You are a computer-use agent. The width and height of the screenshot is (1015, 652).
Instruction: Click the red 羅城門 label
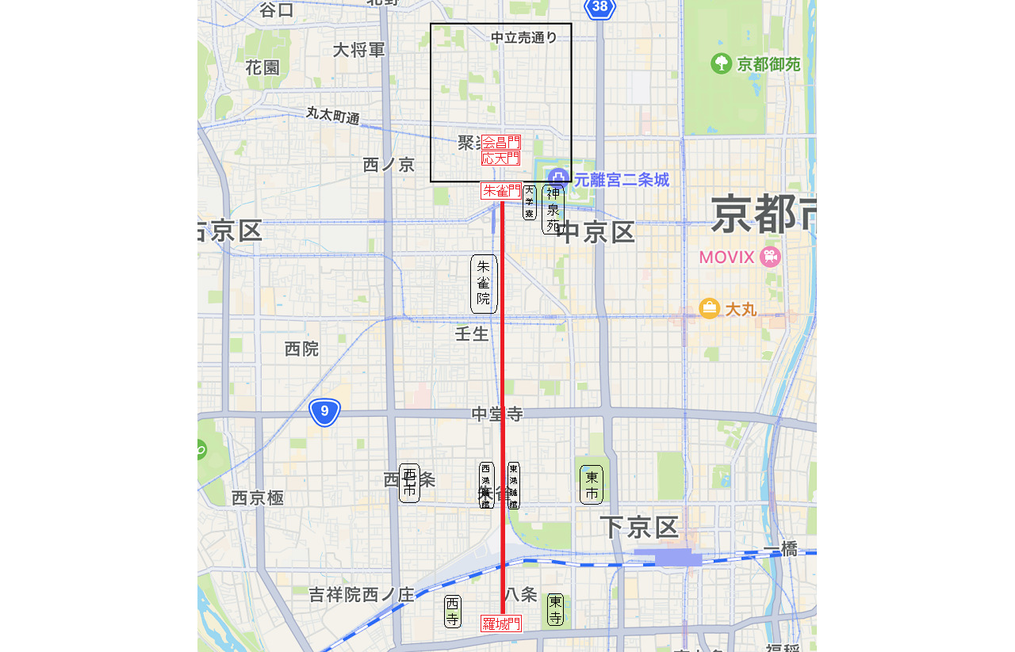pos(501,623)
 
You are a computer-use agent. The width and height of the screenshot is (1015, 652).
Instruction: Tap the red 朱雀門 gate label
pos(501,191)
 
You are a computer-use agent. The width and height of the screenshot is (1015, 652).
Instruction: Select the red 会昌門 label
pos(501,143)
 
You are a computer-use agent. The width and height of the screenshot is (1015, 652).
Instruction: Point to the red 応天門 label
pos(501,158)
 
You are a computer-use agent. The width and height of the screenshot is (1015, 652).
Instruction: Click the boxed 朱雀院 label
pos(484,284)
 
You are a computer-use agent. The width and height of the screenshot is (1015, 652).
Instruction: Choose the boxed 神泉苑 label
pos(553,209)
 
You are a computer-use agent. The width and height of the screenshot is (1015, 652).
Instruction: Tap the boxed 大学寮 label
pos(530,202)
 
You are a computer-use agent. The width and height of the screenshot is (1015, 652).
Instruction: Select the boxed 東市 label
pos(592,485)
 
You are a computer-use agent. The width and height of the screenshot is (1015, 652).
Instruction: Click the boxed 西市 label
pos(409,483)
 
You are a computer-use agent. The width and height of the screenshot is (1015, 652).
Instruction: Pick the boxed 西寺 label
pos(452,612)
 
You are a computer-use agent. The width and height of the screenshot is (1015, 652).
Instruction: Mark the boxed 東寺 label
pos(555,609)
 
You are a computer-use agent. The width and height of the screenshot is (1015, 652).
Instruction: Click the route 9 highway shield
pos(324,412)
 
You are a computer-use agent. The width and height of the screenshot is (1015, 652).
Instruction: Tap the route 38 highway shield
pos(600,8)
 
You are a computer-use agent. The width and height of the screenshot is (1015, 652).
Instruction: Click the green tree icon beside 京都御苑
pos(721,63)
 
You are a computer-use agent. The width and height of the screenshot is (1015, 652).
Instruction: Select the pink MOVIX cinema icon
pos(769,257)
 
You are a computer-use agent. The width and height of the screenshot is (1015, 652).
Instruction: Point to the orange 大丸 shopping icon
pos(709,308)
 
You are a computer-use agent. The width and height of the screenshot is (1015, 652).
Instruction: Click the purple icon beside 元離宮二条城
pos(558,179)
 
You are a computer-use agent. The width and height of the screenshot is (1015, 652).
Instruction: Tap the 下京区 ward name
pos(639,528)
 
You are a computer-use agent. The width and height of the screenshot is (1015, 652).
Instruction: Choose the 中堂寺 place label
pos(497,414)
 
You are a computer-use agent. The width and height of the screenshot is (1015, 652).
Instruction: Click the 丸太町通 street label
pos(333,115)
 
